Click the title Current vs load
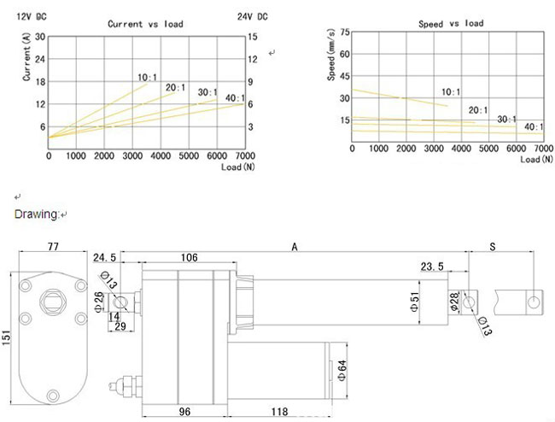point(145,24)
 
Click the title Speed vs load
point(451,23)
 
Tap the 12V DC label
point(32,16)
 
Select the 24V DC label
point(253,16)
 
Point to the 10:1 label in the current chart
point(147,78)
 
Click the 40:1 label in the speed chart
point(534,126)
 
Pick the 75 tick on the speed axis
point(345,32)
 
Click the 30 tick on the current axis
point(40,37)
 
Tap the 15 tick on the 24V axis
point(253,37)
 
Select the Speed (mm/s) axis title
point(331,55)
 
